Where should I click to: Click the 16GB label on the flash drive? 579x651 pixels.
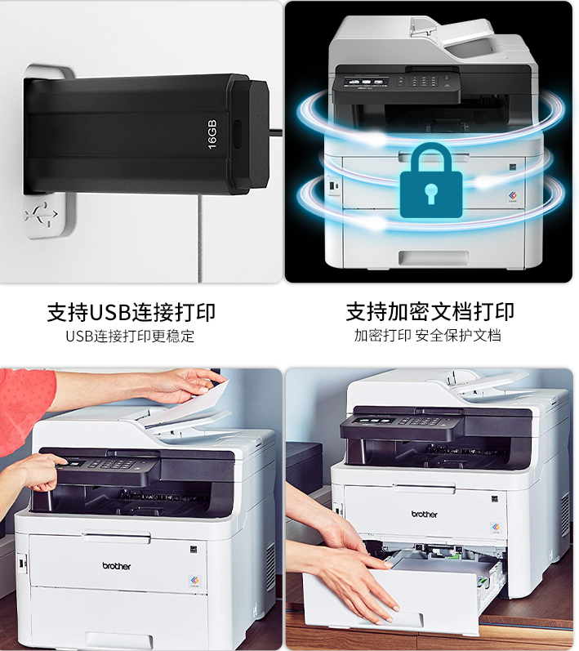[212, 134]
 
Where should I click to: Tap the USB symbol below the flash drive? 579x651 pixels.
[42, 215]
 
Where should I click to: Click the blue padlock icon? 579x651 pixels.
[431, 181]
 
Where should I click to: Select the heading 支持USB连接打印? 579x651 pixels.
[131, 312]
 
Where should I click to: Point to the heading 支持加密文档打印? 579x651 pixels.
[430, 311]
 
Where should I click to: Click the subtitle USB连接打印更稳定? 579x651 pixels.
[130, 336]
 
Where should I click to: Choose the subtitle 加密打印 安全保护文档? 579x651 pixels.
[427, 335]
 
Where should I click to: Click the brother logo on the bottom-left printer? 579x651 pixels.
[116, 566]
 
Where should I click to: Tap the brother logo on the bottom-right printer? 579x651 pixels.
[424, 514]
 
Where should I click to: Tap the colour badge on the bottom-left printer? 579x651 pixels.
[194, 581]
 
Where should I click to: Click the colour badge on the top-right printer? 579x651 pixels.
[513, 196]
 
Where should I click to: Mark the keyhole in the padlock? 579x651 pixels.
[431, 193]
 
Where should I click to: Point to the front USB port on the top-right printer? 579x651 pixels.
[332, 185]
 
